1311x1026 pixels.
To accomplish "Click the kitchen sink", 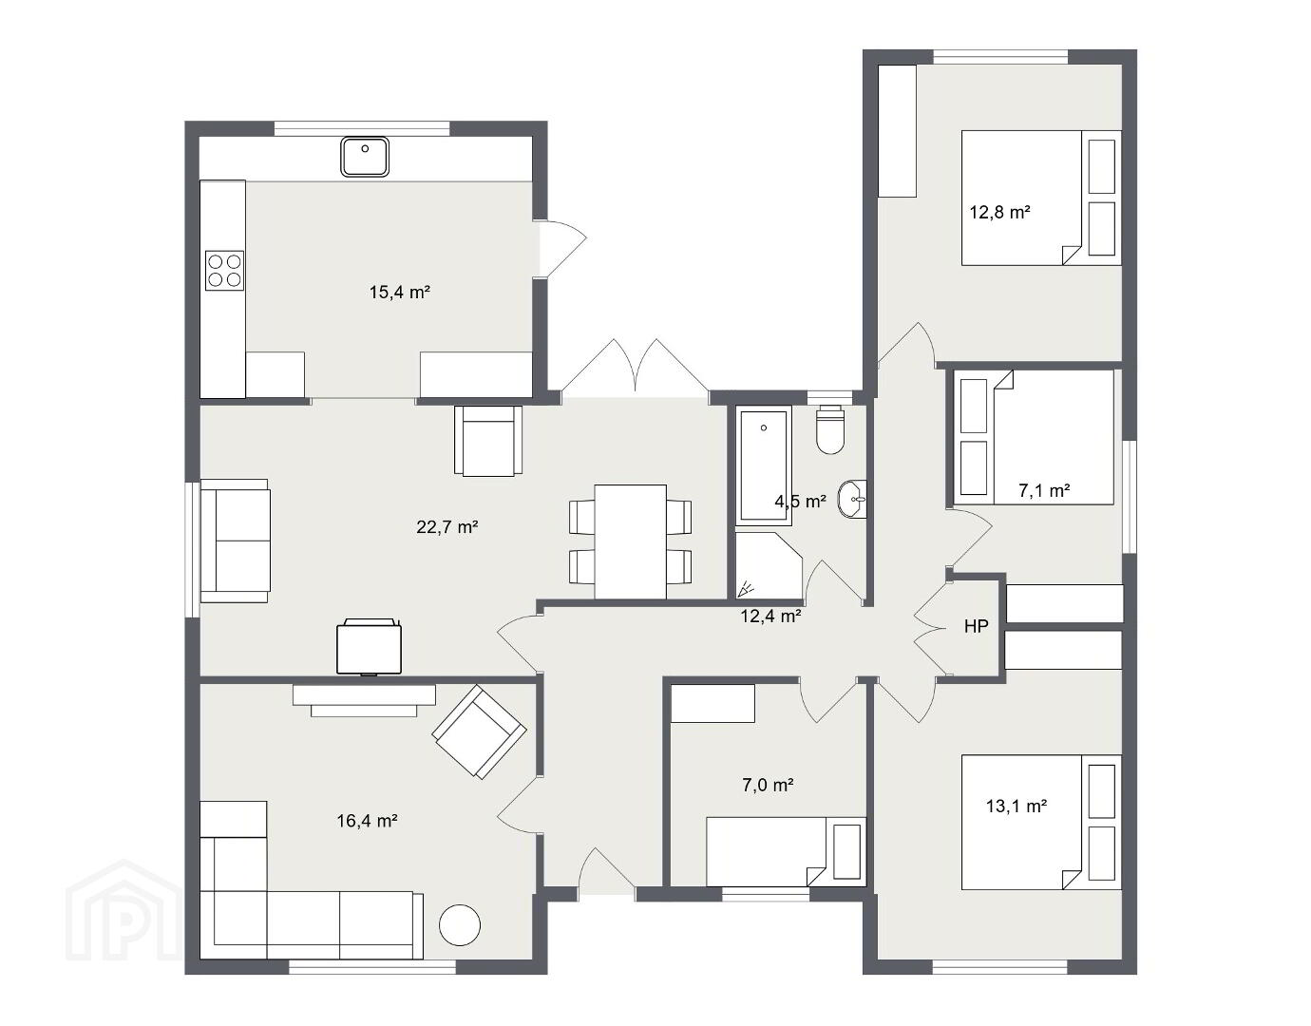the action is point(365,157).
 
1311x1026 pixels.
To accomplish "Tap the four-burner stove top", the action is point(224,270).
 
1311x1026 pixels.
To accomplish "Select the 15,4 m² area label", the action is point(399,293).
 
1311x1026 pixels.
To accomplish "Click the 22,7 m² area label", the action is point(447,527).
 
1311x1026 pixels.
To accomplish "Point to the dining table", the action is point(631,541).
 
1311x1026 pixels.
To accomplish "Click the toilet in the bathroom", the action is point(829,429).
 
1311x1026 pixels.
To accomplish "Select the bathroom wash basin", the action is point(852,499).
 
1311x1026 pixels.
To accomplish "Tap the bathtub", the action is point(763,465).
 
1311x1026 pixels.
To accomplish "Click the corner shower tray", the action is point(768,566).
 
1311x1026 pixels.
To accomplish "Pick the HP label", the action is point(977,627).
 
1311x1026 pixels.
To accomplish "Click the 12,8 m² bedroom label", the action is point(999,212).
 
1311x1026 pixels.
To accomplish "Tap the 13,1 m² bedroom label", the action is point(1016,806).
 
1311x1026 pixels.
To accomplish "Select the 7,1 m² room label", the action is point(1044,491).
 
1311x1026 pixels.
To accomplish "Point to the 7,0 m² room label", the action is point(768,785).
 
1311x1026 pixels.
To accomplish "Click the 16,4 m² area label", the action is point(367,821).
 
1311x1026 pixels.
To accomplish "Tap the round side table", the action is point(460,925).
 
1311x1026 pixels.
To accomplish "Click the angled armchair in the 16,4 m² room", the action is point(479,731).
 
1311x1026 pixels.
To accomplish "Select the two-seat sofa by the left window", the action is point(235,541).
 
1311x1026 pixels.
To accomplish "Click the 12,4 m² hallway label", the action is point(770,616).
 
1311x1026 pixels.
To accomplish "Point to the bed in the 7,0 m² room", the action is point(786,852).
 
